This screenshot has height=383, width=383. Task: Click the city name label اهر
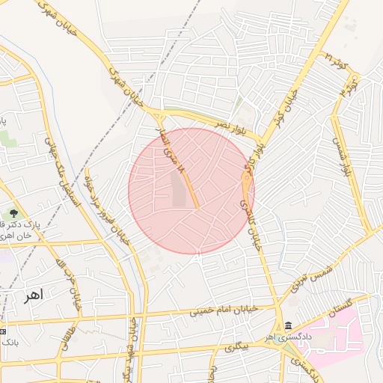coord(34,295)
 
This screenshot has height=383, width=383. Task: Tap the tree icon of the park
coord(13,214)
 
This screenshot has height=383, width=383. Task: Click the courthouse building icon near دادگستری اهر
coord(288,325)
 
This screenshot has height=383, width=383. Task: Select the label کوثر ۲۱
coord(338,61)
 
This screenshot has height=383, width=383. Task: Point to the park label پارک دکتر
coord(41,224)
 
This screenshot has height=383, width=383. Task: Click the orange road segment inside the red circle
coord(189,187)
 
